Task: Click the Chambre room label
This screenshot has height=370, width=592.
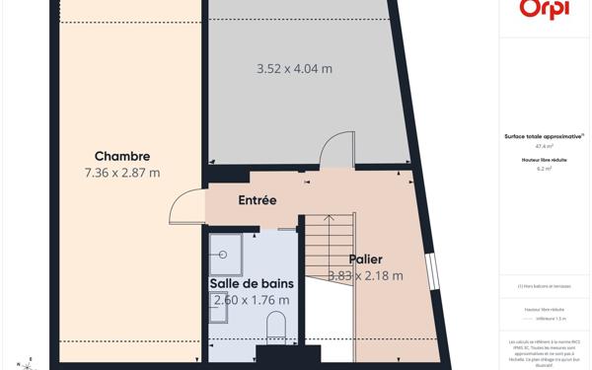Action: (122, 156)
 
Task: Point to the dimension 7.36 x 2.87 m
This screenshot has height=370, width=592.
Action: (122, 173)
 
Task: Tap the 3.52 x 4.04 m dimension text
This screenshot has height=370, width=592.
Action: (294, 69)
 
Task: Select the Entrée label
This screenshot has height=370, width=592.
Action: (257, 200)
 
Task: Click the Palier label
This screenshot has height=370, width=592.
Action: (365, 259)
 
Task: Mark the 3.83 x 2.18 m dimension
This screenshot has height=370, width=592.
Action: (365, 276)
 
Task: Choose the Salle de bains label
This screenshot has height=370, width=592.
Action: (252, 284)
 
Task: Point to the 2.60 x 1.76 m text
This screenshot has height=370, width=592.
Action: (252, 300)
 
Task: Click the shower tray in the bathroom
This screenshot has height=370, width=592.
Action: (226, 253)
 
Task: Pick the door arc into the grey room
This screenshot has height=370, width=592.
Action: (336, 151)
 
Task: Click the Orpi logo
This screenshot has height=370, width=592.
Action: (544, 10)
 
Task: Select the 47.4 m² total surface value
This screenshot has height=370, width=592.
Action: (544, 146)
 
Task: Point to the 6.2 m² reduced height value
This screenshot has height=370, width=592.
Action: (544, 169)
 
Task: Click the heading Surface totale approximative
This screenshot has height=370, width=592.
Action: (544, 136)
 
